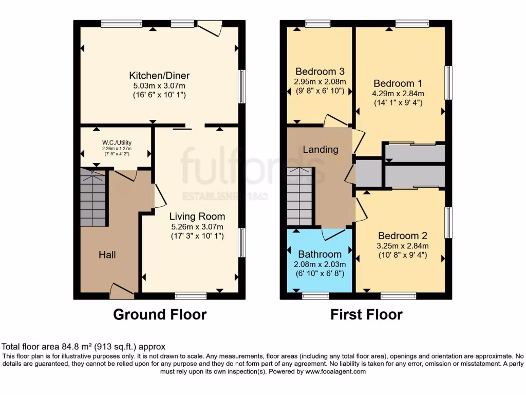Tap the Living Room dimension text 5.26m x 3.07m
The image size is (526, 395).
coord(198,227)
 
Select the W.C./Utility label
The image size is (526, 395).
coord(115,143)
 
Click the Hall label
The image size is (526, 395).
coord(107,255)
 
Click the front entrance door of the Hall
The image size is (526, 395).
coord(122,292)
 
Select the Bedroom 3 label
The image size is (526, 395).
coord(320,71)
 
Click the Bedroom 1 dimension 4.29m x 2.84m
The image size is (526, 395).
coord(399,94)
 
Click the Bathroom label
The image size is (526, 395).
coord(320,254)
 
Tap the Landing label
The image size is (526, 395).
coord(321,150)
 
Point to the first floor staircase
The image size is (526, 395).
coord(299,198)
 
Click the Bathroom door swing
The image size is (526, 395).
coord(334,234)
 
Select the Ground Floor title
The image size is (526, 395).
coord(159,314)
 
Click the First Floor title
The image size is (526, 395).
coord(366,314)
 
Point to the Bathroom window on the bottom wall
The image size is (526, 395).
coord(315,296)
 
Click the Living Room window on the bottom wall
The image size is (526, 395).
coord(191,296)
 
